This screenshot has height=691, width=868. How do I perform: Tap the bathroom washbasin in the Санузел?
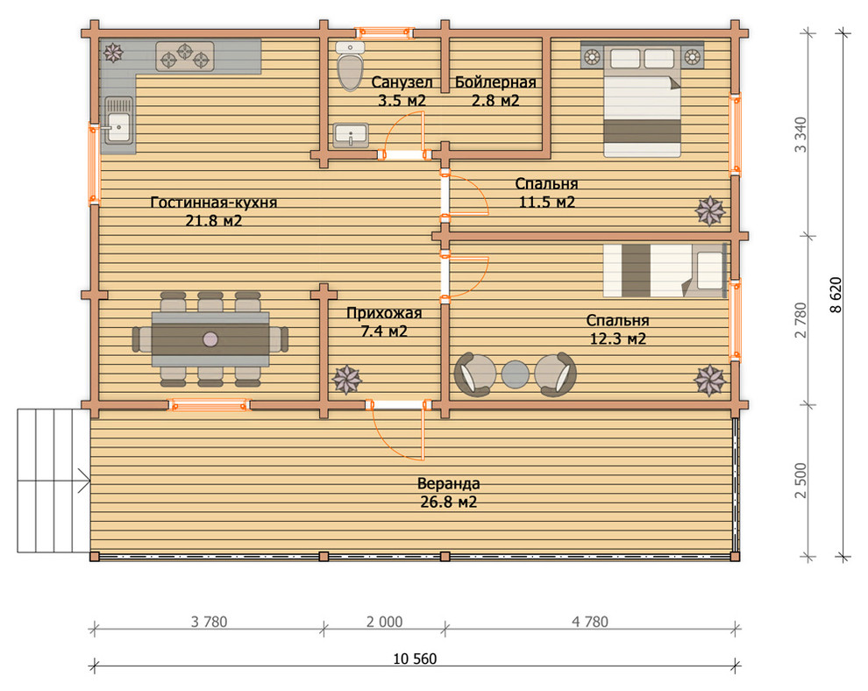pyautogui.click(x=351, y=135)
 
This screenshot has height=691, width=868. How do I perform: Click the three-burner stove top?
pyautogui.click(x=185, y=56)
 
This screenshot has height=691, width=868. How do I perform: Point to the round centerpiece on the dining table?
pyautogui.click(x=210, y=338)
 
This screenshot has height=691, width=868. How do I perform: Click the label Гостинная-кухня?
pyautogui.click(x=214, y=203)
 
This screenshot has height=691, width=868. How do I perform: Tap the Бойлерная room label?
pyautogui.click(x=495, y=82)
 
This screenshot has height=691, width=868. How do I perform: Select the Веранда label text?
pyautogui.click(x=448, y=484)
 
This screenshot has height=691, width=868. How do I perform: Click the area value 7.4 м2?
pyautogui.click(x=384, y=331)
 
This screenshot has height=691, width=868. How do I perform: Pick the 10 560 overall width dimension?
pyautogui.click(x=415, y=659)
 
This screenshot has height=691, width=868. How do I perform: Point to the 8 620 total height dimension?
pyautogui.click(x=836, y=296)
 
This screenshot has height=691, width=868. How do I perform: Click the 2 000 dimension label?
pyautogui.click(x=384, y=622)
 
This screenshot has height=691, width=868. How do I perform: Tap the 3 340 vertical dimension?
pyautogui.click(x=800, y=134)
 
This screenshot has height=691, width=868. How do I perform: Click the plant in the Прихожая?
pyautogui.click(x=347, y=380)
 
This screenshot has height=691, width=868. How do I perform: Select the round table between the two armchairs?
pyautogui.click(x=516, y=374)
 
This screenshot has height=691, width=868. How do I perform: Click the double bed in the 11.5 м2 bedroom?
pyautogui.click(x=642, y=100)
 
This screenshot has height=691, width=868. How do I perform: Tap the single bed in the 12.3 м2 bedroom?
pyautogui.click(x=665, y=271)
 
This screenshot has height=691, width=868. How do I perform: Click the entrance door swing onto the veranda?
pyautogui.click(x=399, y=431)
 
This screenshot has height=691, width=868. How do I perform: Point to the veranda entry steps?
pyautogui.click(x=53, y=481)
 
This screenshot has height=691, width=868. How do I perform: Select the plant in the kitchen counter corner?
pyautogui.click(x=113, y=53)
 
